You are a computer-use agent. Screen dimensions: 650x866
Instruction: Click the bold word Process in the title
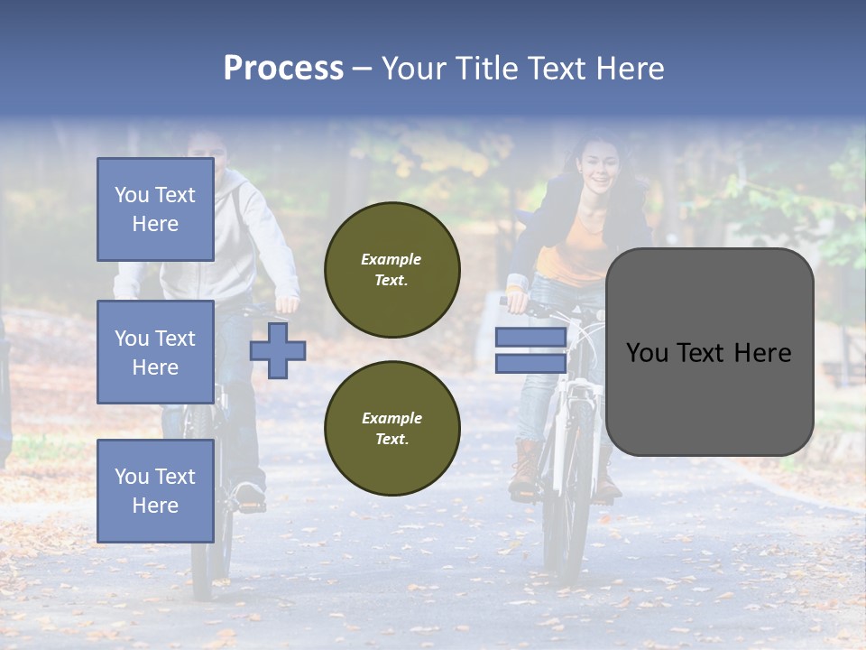point(283,69)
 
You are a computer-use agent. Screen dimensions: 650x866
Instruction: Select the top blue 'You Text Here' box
point(155,209)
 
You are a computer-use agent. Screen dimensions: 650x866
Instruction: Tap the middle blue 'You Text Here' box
point(155,352)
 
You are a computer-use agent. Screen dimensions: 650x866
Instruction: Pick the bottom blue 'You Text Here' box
point(155,491)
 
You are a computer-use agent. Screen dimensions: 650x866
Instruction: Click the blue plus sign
point(278,350)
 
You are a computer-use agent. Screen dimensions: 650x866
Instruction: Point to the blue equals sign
point(530,350)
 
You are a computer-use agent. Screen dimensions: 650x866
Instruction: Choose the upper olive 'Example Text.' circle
point(392,270)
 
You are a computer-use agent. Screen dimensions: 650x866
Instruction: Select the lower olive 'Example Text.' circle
point(392,429)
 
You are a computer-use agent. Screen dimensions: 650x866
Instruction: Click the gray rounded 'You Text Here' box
point(709,352)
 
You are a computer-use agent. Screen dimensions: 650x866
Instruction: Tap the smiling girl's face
point(598,164)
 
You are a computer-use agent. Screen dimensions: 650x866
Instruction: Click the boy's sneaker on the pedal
point(247,495)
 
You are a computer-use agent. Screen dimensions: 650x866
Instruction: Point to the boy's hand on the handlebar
point(287,303)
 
